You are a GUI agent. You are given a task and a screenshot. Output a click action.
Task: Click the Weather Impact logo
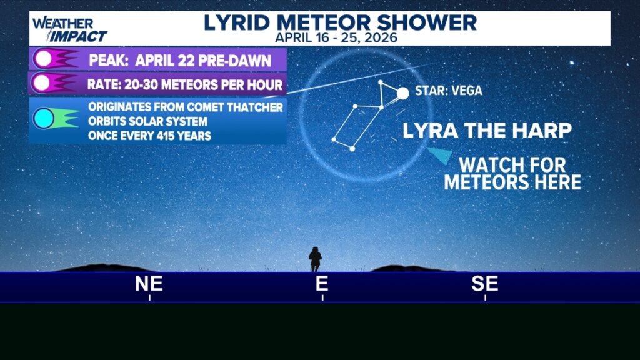69,29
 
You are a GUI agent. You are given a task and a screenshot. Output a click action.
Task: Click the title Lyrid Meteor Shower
340,22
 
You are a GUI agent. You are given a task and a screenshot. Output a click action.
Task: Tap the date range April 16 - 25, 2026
336,37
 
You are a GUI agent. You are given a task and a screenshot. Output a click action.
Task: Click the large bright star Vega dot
403,93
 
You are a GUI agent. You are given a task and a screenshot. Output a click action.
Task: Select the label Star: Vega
449,91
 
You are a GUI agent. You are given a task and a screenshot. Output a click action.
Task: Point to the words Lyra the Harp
487,131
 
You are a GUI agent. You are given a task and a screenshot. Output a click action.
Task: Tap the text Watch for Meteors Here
512,174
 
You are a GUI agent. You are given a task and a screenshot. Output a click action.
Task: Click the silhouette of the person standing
315,258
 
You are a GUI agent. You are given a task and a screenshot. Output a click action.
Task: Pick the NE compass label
149,284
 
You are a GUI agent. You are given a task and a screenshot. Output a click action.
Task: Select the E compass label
322,284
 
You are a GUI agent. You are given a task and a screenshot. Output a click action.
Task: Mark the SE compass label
485,284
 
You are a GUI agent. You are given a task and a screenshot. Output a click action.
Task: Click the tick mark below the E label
322,298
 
